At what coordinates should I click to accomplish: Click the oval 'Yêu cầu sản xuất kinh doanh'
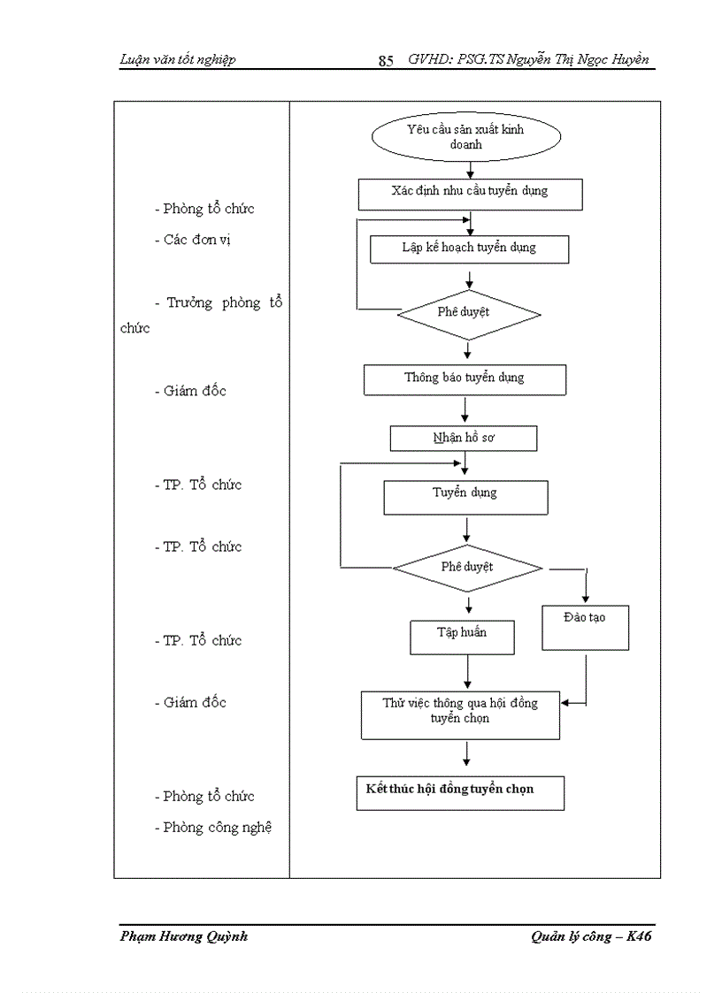click(x=466, y=137)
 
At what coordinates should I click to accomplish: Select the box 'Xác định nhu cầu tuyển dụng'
click(x=470, y=194)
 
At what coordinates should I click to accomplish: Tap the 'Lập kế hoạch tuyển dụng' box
click(x=468, y=248)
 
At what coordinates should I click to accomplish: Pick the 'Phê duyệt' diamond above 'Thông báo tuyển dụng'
click(x=468, y=314)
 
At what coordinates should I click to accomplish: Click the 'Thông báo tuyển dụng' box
click(x=465, y=379)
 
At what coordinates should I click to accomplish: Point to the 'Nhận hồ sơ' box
click(x=464, y=438)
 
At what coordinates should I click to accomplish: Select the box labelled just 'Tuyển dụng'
click(x=465, y=496)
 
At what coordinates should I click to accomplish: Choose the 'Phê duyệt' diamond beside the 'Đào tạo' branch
click(x=467, y=568)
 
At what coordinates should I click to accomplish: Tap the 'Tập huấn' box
click(x=462, y=636)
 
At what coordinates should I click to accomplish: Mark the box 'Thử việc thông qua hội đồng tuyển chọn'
click(x=460, y=714)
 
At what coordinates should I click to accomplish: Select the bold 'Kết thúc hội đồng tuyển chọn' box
click(x=460, y=792)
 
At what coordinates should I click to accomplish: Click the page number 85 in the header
click(x=386, y=61)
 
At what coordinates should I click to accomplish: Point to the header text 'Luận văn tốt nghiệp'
click(x=177, y=60)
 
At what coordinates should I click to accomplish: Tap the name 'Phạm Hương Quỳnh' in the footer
click(x=183, y=937)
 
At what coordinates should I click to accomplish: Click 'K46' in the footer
click(x=639, y=937)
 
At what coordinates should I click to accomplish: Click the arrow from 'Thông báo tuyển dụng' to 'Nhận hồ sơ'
click(x=465, y=409)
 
